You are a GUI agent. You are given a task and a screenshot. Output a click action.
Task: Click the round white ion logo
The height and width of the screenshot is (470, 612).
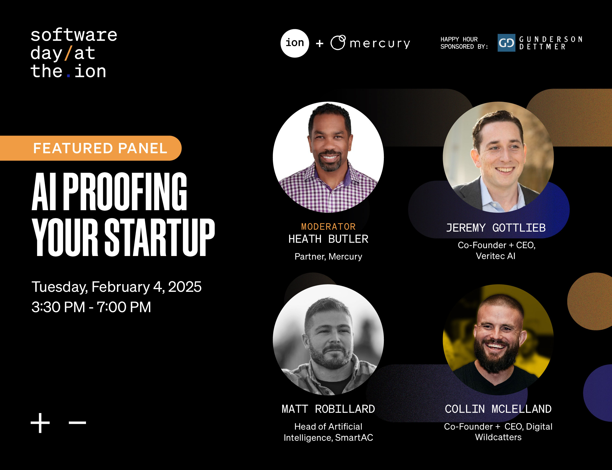295,43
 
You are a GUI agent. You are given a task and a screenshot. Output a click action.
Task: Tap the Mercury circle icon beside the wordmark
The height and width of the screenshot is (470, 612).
338,43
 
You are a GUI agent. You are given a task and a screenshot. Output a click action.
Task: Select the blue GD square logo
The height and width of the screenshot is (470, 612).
506,43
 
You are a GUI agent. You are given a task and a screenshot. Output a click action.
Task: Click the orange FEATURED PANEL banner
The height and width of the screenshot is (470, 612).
91,148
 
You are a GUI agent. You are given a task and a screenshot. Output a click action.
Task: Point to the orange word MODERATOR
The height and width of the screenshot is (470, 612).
328,227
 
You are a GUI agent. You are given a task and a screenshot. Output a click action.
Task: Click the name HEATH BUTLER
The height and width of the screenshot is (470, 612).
328,239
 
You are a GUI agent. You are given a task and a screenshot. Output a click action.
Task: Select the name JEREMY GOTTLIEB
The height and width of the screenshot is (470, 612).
496,228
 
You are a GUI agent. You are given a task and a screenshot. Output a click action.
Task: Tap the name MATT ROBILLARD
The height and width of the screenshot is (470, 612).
328,409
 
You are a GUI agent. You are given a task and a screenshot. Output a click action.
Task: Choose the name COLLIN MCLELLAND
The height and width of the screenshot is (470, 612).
498,409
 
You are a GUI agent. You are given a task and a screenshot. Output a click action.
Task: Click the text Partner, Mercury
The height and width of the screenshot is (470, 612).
328,257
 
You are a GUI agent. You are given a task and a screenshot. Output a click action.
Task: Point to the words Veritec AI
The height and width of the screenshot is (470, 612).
496,256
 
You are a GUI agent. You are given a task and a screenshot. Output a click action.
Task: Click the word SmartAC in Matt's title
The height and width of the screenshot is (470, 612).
354,437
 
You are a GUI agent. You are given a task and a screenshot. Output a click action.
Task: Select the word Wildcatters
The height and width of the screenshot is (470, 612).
498,437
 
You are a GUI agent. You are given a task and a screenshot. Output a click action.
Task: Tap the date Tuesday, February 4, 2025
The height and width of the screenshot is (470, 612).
116,287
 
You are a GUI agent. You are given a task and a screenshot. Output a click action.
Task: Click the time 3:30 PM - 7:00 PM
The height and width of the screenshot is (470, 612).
91,307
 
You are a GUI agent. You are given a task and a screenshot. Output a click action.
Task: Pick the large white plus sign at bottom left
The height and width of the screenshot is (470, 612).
40,423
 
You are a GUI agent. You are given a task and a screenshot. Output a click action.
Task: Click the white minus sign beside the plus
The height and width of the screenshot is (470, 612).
77,423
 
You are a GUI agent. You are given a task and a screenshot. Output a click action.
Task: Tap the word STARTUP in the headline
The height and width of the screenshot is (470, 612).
160,237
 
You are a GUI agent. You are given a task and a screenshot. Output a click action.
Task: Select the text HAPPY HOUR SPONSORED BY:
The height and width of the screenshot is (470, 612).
464,43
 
